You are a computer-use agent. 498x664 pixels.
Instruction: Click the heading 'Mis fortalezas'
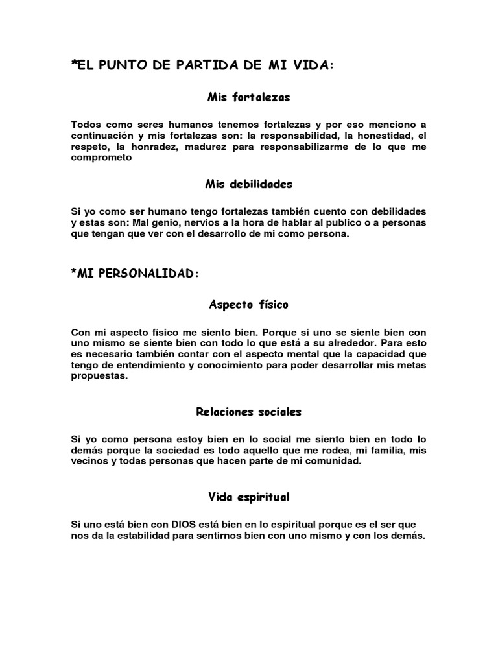coord(248,97)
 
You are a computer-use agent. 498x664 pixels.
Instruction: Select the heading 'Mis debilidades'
coord(248,184)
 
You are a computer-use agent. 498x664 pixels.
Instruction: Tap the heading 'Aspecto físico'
coord(248,303)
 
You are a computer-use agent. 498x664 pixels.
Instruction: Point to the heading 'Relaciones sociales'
coord(248,412)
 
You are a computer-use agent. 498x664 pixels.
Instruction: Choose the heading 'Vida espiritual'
coord(248,497)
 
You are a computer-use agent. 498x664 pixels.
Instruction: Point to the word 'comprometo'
coord(101,157)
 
